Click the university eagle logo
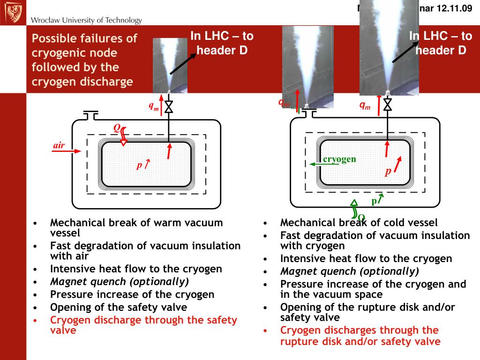13,12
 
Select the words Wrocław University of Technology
86,20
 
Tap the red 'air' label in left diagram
59,145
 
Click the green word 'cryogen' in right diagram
339,159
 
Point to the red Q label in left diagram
117,128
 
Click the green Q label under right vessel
361,217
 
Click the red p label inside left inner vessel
139,165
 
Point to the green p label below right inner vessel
374,201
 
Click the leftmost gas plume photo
171,65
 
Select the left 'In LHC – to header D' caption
222,43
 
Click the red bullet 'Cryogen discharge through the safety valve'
143,325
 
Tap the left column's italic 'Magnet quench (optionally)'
120,282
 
